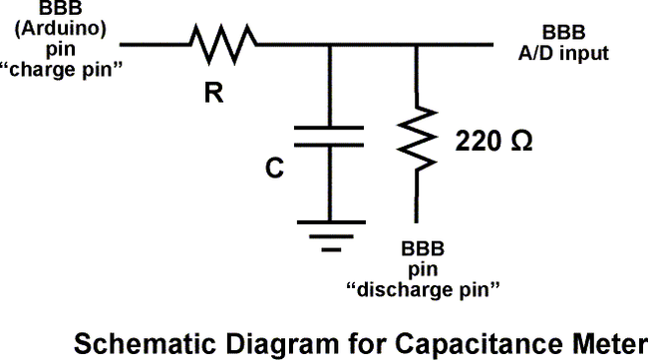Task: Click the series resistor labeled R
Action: pos(222,42)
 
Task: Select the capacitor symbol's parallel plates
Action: pos(329,136)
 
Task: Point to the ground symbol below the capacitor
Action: pos(329,231)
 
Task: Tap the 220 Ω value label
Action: pos(492,141)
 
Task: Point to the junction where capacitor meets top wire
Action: pos(329,43)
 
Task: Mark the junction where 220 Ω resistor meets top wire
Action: pos(415,43)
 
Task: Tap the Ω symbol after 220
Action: pos(520,141)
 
